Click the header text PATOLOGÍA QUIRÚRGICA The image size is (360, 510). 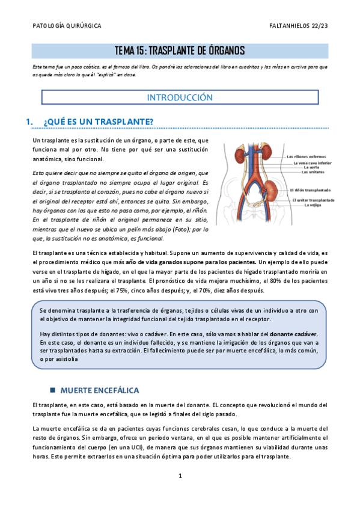(x=66, y=26)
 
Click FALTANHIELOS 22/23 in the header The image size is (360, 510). (x=299, y=26)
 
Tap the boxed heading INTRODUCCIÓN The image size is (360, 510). (x=180, y=97)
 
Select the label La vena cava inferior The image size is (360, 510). (x=313, y=163)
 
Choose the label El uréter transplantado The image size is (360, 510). (x=313, y=200)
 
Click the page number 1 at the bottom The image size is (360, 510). (x=180, y=476)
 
